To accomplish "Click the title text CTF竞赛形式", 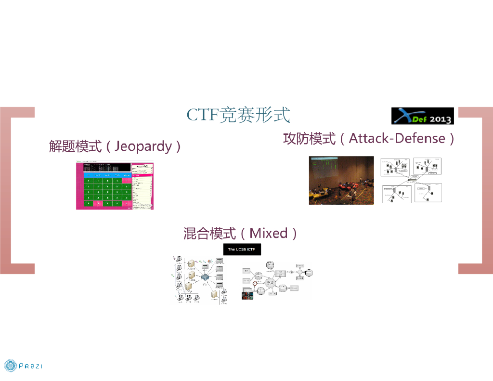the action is (238, 116).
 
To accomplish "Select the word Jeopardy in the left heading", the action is (143, 146).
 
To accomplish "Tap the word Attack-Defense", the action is (397, 139).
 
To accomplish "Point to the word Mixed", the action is (269, 234).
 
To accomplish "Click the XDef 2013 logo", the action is (422, 116).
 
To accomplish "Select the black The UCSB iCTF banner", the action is (242, 250).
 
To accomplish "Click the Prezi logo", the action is (23, 366).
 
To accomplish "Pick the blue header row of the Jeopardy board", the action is (107, 175).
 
